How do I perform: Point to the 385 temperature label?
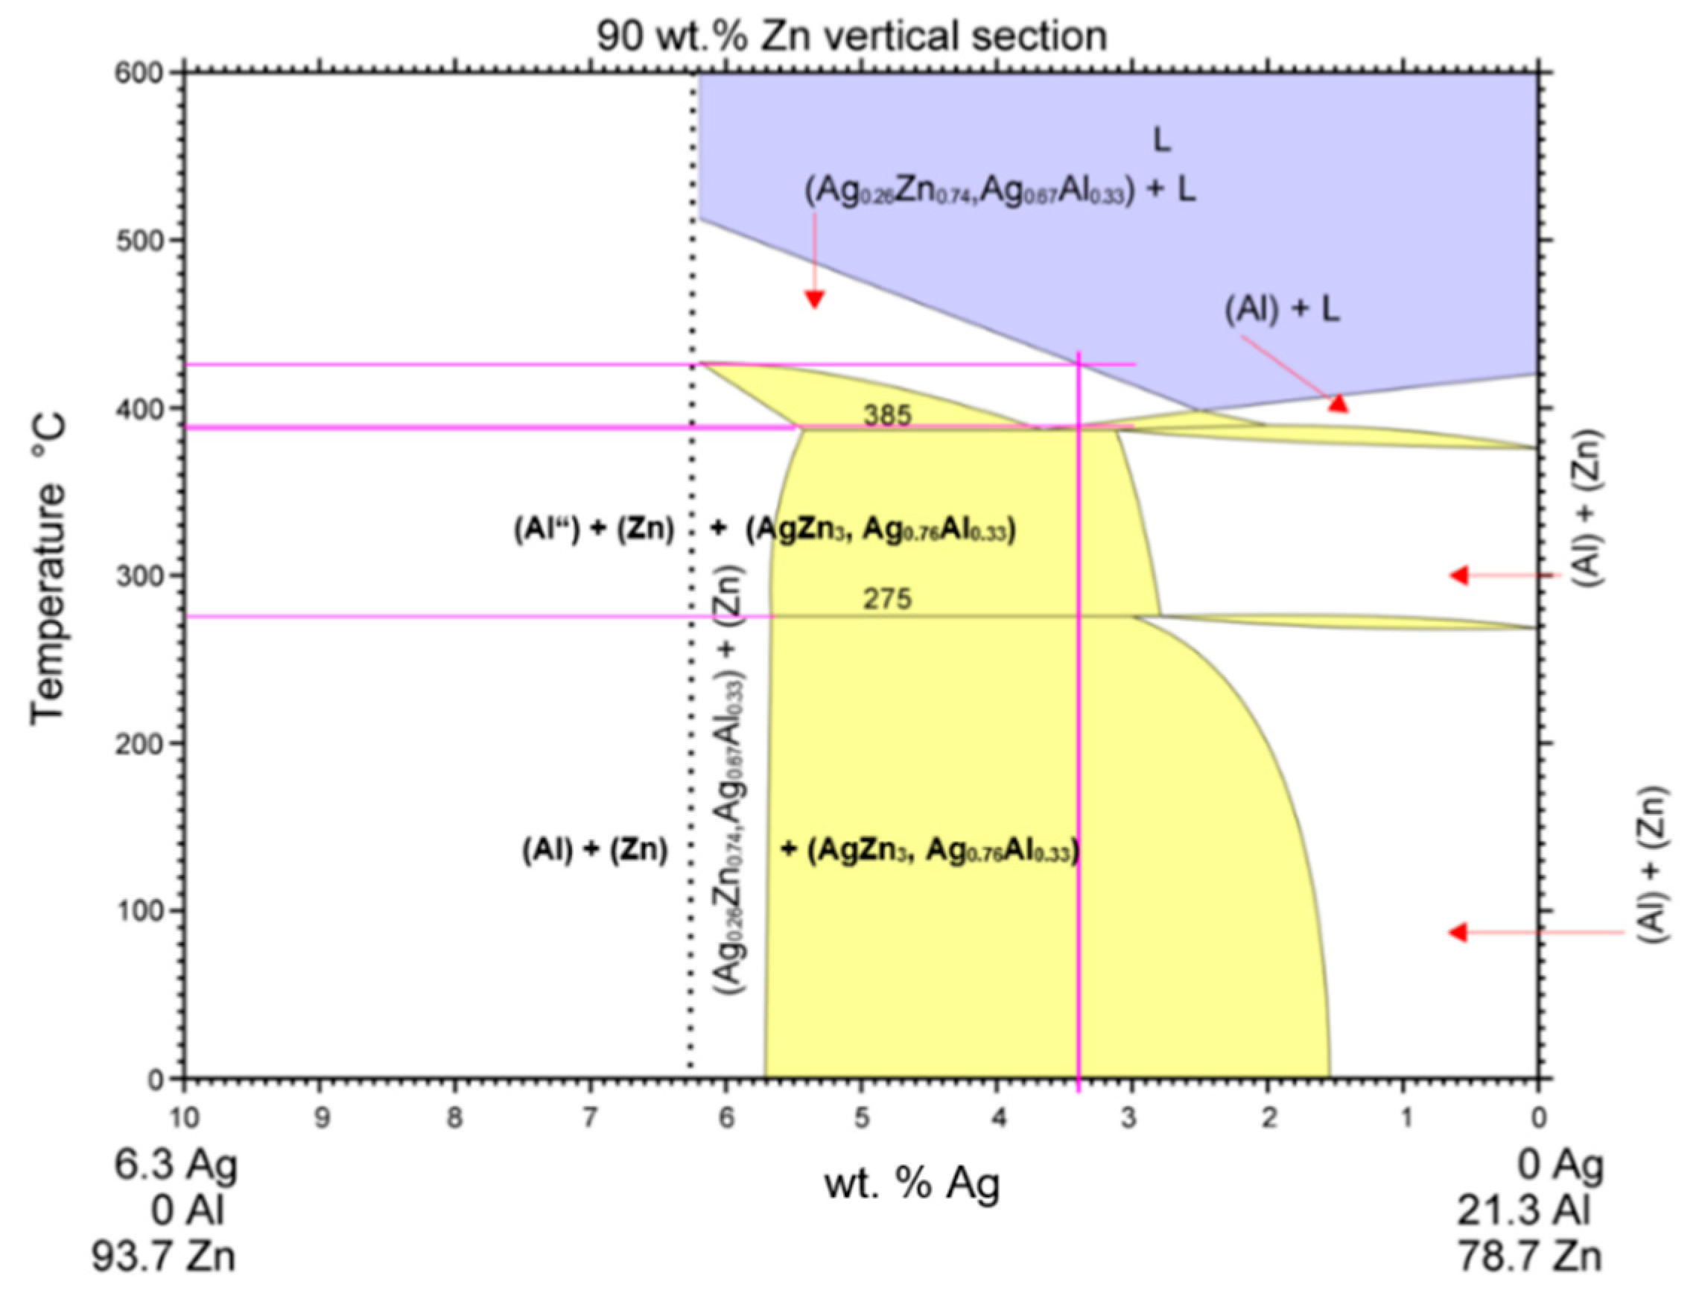point(887,416)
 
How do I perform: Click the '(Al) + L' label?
point(1281,310)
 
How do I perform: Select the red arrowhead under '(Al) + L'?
point(1338,403)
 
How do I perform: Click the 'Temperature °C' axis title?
point(48,571)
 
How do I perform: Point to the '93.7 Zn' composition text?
point(164,1257)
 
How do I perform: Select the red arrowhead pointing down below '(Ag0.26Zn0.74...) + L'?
point(813,299)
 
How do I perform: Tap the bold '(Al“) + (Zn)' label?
point(594,530)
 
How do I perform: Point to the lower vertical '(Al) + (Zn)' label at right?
point(1653,865)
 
